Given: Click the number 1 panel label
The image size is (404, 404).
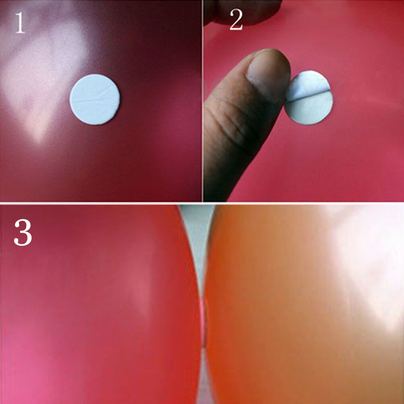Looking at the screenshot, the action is coord(20,23).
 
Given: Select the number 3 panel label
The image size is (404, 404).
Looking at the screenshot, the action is coord(23,232).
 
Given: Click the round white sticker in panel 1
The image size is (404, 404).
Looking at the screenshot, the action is coord(95,100).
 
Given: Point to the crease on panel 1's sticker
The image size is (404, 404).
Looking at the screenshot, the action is coord(95,97).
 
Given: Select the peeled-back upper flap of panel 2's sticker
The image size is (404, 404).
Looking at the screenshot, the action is coord(308,85).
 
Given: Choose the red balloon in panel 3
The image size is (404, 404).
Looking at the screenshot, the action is coord(100,304).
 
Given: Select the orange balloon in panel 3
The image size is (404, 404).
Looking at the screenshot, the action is coord(304,304).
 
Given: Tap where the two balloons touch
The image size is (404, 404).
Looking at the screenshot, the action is coord(204,322).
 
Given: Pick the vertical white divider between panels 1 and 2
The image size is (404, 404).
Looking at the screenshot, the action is coord(202,101).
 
